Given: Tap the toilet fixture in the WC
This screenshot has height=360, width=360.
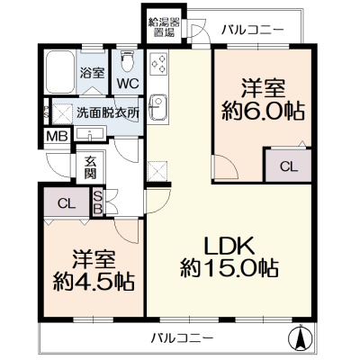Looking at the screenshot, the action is [127, 60].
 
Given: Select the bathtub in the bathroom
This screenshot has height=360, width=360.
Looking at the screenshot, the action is [59, 72].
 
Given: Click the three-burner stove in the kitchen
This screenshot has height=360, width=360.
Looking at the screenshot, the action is [158, 64].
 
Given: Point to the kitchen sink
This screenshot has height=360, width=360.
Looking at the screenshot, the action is [158, 107].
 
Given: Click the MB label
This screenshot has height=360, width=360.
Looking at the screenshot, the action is [57, 137].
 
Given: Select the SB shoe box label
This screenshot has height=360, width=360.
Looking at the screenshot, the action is [97, 202].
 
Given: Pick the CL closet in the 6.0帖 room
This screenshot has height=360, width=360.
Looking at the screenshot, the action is [288, 165].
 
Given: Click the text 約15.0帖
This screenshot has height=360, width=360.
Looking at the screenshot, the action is [229, 268].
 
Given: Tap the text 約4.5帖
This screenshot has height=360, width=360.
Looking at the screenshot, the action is [94, 282].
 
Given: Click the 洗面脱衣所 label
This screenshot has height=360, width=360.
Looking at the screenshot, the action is [107, 112].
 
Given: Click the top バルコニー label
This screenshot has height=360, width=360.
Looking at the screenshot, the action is [253, 31].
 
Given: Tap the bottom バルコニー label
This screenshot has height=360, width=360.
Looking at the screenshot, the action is [182, 338].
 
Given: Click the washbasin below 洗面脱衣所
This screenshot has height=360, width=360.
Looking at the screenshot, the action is [90, 133].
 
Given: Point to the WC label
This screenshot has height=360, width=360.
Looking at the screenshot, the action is [128, 84].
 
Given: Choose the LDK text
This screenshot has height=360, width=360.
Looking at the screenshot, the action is [229, 247].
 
